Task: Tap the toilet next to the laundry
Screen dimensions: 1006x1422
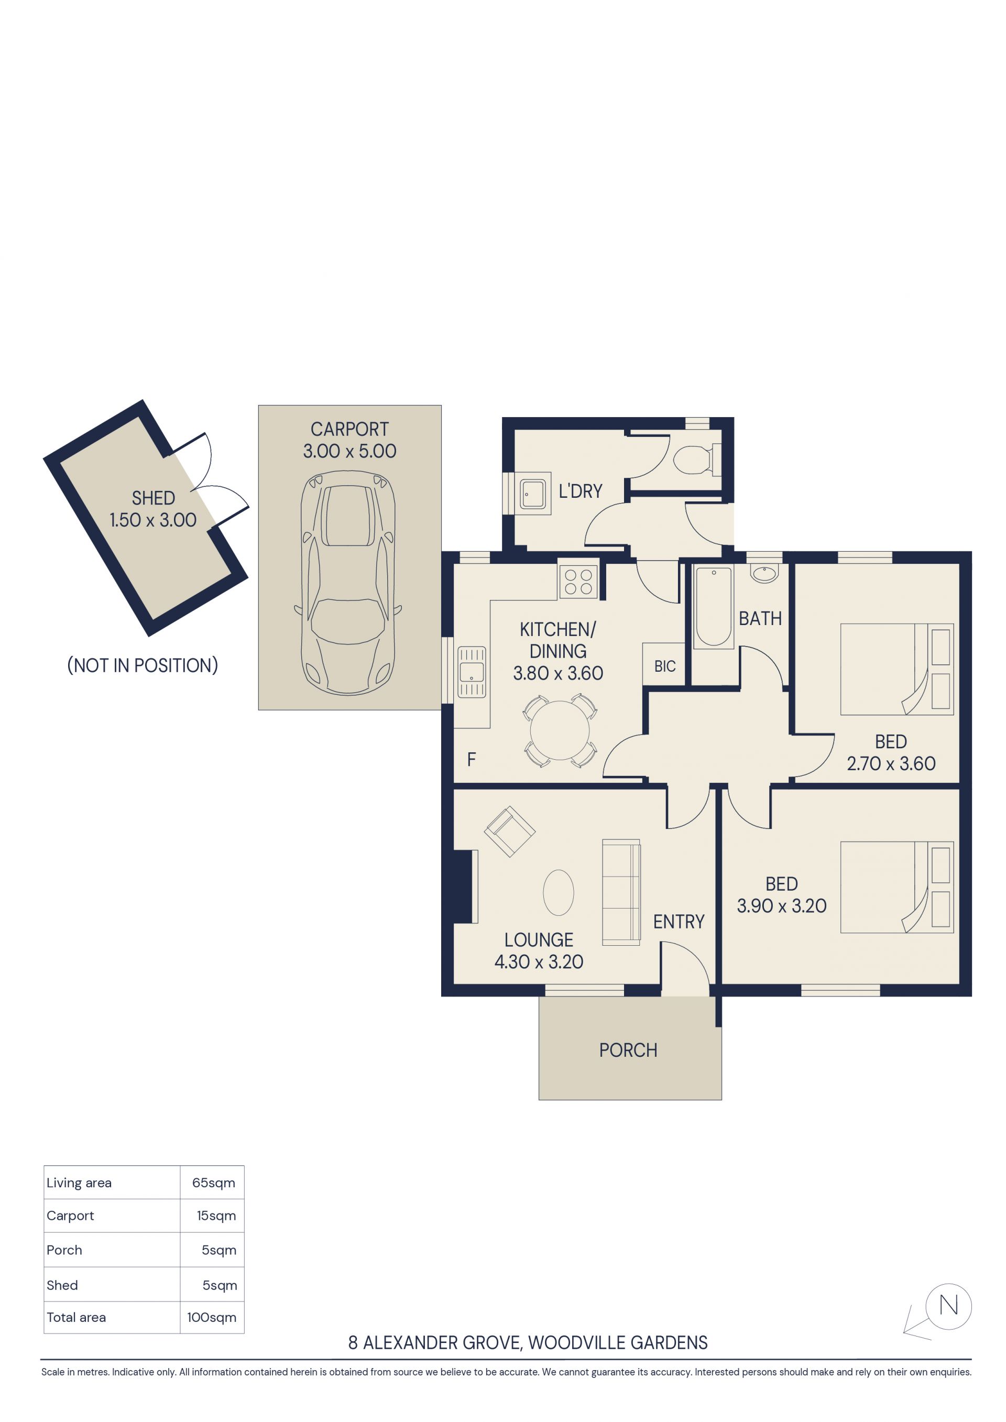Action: point(697,460)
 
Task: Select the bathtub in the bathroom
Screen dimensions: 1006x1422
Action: point(713,606)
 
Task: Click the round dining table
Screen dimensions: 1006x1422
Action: point(560,730)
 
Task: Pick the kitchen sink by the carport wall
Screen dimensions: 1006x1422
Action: point(472,672)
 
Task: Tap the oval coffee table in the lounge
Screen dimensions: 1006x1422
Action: point(558,892)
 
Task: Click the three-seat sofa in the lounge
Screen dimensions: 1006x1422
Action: point(621,892)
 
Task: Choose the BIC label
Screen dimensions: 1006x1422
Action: point(665,666)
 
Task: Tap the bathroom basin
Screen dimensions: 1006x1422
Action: point(764,574)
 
